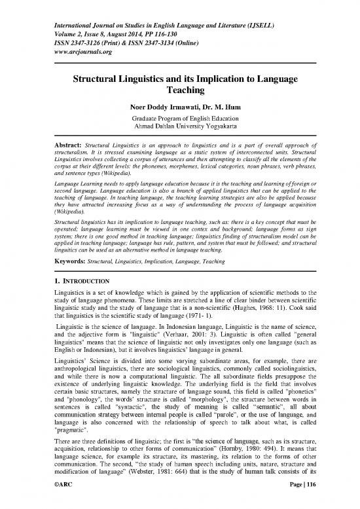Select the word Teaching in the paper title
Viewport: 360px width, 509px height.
(x=179, y=93)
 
